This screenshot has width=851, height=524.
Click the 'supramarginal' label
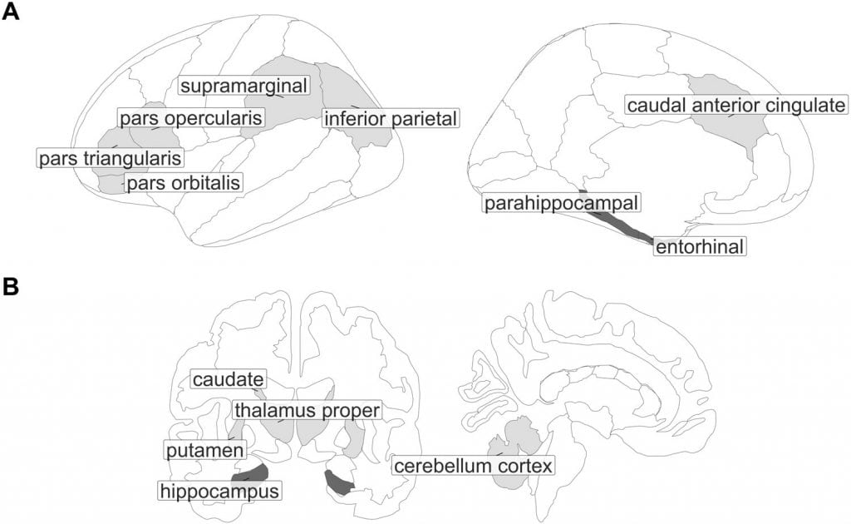click(x=244, y=86)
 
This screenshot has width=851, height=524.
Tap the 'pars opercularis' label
click(x=191, y=118)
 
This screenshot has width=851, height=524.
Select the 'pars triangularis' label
click(x=111, y=158)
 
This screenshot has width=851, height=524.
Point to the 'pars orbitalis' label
click(x=184, y=182)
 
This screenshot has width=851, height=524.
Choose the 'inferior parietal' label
click(x=391, y=118)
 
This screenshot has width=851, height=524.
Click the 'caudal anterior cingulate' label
click(x=736, y=105)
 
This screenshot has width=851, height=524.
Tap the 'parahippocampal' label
click(x=561, y=203)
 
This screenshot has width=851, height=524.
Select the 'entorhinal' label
click(x=700, y=246)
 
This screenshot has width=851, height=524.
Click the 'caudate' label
click(x=229, y=379)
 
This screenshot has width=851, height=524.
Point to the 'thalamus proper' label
click(x=307, y=410)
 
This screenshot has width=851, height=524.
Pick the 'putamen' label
click(x=205, y=450)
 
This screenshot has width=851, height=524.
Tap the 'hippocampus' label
click(x=219, y=491)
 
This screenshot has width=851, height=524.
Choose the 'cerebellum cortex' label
click(x=473, y=465)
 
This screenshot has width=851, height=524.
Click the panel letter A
click(x=10, y=12)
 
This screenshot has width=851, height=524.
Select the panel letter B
click(x=10, y=287)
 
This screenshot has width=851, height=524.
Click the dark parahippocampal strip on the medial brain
click(x=616, y=220)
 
